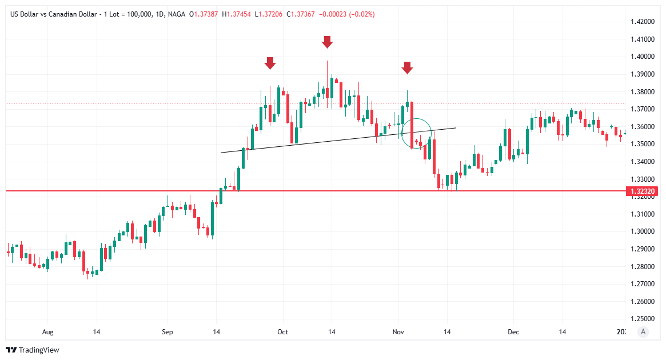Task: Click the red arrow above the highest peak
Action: pyautogui.click(x=327, y=42)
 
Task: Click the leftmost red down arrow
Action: pyautogui.click(x=270, y=63)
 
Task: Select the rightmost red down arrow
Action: pyautogui.click(x=407, y=67)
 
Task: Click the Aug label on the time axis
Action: pyautogui.click(x=47, y=332)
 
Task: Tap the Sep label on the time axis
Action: pyautogui.click(x=167, y=332)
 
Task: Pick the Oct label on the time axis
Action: pyautogui.click(x=282, y=332)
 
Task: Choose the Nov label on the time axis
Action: pyautogui.click(x=398, y=332)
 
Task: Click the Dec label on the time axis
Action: pyautogui.click(x=513, y=332)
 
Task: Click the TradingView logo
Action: pyautogui.click(x=33, y=350)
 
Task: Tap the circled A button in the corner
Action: pyautogui.click(x=644, y=331)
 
